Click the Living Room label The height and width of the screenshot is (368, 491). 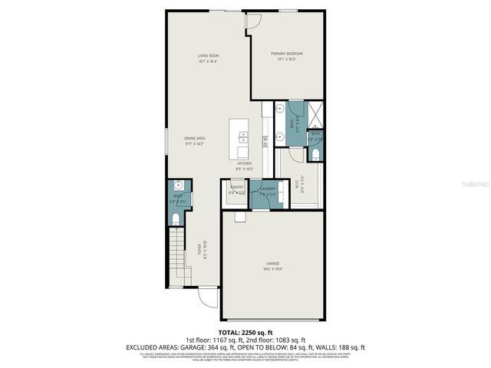click(209, 56)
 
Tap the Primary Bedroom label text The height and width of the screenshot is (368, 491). click(286, 54)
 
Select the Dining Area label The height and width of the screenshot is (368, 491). click(195, 138)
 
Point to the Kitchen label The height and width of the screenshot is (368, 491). click(245, 164)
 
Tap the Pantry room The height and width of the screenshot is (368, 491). click(236, 189)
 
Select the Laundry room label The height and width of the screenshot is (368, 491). click(267, 189)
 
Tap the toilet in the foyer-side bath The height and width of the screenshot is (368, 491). click(177, 220)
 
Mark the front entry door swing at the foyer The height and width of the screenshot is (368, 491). click(206, 297)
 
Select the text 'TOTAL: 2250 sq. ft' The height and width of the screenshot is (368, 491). click(245, 332)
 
